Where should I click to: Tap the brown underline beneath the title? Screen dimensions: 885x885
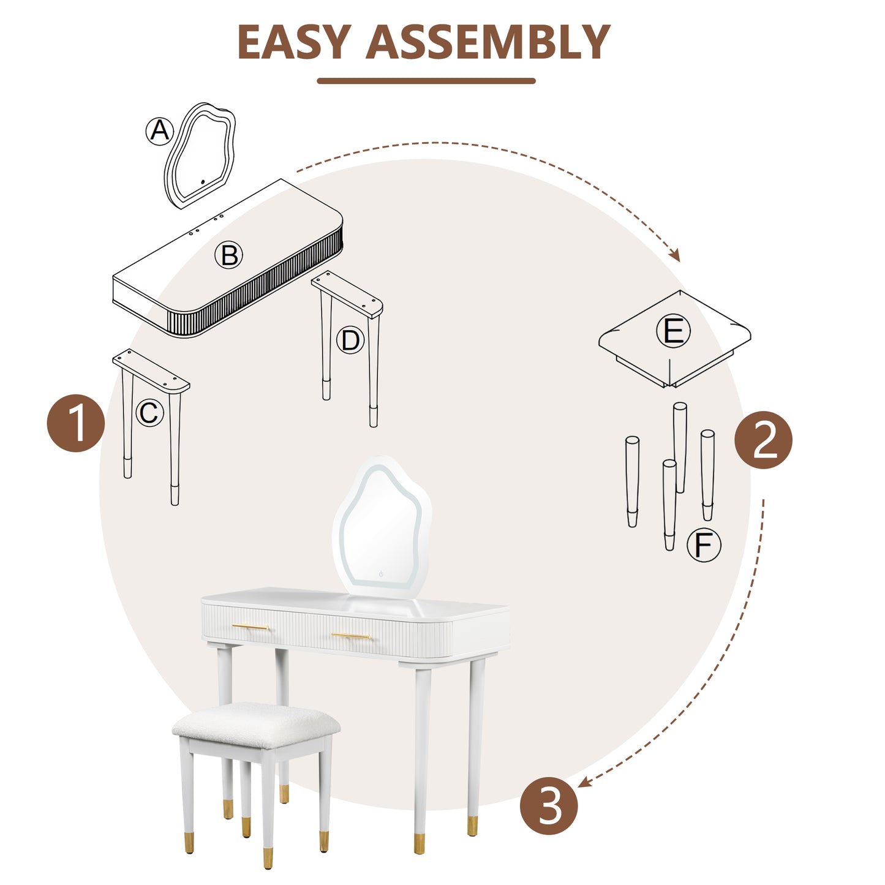426,81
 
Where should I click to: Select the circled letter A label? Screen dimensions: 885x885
160,130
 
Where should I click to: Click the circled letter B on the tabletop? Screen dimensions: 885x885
229,255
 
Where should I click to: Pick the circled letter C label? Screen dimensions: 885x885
149,413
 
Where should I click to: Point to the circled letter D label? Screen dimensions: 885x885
350,340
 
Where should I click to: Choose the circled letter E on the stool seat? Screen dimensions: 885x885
673,331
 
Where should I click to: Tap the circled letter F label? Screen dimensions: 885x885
704,544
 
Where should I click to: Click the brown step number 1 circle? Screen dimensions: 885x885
76,423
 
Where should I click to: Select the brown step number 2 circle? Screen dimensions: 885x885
763,440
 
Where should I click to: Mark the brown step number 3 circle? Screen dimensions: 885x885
549,805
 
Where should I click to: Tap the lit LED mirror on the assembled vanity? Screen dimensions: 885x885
381,527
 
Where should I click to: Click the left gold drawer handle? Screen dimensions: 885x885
250,627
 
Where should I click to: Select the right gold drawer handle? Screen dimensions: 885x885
351,636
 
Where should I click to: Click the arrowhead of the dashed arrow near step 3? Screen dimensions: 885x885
583,782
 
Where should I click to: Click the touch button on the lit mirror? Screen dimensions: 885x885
381,574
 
